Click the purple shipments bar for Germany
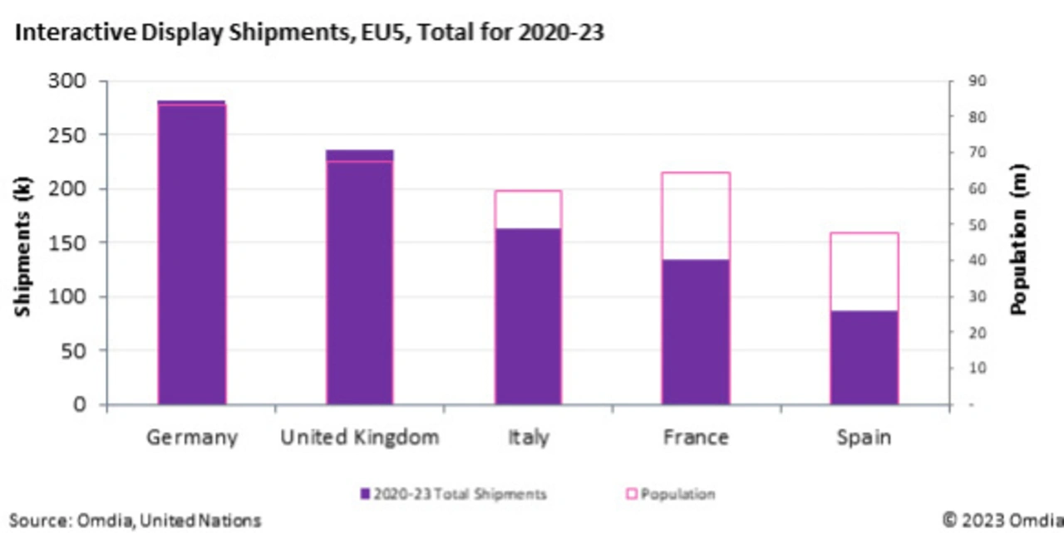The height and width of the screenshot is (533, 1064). pos(191,253)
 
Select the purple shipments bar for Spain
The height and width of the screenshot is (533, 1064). pos(864,358)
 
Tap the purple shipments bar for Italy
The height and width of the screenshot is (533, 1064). pos(528,316)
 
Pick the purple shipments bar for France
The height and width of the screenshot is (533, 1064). pos(696,332)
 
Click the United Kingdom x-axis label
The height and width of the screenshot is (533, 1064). pos(359,437)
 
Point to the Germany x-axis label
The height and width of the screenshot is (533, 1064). pos(191,437)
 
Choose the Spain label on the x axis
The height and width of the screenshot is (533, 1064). pos(864,437)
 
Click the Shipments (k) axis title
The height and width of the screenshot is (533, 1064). pos(22,242)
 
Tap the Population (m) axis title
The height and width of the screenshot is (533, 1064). pos(1019,249)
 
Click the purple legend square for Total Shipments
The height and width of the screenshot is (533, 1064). pos(365,494)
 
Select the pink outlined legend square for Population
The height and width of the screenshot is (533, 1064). pos(632,494)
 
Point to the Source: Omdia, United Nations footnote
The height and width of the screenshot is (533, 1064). pos(135,521)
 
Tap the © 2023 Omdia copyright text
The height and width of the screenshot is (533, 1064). pos(1002,521)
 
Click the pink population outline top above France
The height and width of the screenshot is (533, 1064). pos(696,173)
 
